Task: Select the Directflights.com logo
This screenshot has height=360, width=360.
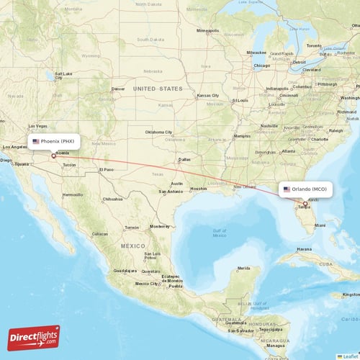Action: [x=34, y=337]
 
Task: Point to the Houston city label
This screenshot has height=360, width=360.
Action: [x=199, y=188]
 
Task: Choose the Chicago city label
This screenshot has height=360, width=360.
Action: [x=261, y=65]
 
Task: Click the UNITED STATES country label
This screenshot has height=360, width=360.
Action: [x=158, y=88]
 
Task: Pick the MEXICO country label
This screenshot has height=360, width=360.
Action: [x=132, y=246]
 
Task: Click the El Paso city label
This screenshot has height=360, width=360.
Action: [x=107, y=169]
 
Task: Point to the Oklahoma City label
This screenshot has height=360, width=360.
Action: [x=158, y=132]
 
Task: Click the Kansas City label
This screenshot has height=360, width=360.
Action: [x=208, y=95]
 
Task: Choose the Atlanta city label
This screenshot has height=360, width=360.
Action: [x=288, y=151]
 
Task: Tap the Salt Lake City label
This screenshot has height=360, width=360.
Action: [x=63, y=73]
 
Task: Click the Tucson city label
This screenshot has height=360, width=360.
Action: [x=69, y=165]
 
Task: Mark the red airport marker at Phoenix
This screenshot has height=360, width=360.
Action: [x=53, y=155]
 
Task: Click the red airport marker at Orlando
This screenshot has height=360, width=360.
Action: [x=305, y=203]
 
